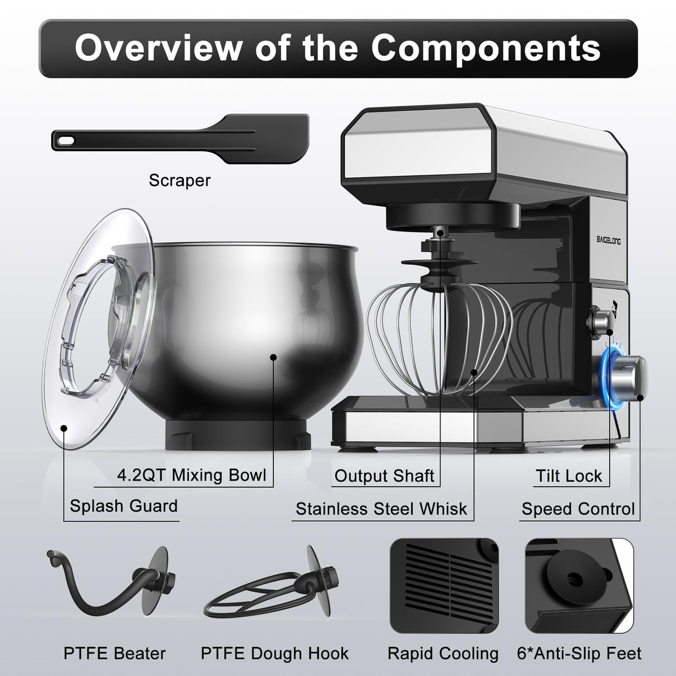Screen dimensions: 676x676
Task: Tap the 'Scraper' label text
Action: (x=179, y=180)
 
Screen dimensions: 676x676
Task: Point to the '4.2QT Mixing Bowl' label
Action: (x=192, y=475)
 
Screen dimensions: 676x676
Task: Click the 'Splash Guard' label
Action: (x=124, y=506)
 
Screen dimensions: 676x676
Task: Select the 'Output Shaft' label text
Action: (x=384, y=476)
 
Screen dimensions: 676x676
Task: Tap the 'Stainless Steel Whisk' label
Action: (x=381, y=509)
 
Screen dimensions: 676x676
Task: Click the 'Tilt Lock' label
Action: (x=569, y=476)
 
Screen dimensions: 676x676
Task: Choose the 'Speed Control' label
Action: (x=578, y=509)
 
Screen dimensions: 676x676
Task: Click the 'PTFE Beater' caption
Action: (x=115, y=653)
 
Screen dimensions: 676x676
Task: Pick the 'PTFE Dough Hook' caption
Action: (x=275, y=653)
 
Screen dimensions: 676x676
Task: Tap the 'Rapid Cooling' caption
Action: (x=443, y=653)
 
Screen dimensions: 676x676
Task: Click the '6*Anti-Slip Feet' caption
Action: (x=579, y=653)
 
